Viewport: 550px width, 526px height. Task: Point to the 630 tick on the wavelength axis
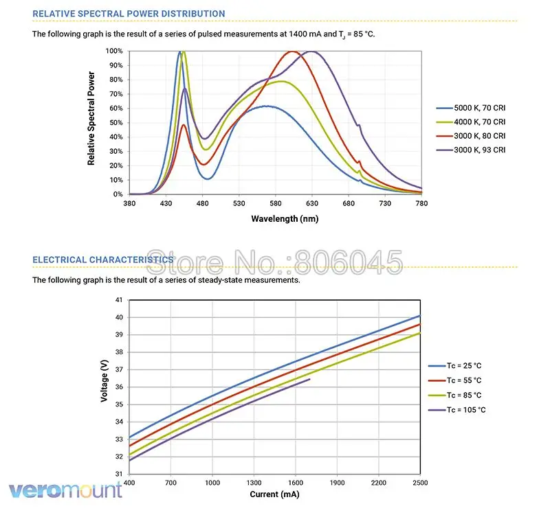(312, 203)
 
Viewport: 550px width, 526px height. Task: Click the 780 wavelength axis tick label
(421, 203)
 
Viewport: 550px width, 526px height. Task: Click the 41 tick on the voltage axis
(118, 300)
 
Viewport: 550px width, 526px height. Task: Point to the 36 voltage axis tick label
(118, 387)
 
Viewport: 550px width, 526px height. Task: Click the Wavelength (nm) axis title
(275, 218)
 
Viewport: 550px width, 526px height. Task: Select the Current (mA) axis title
(274, 494)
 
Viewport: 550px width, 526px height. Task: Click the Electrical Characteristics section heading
(103, 260)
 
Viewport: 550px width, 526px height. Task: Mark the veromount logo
(65, 490)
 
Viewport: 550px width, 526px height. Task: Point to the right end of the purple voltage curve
(310, 379)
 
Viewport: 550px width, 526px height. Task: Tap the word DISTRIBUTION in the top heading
(186, 13)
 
